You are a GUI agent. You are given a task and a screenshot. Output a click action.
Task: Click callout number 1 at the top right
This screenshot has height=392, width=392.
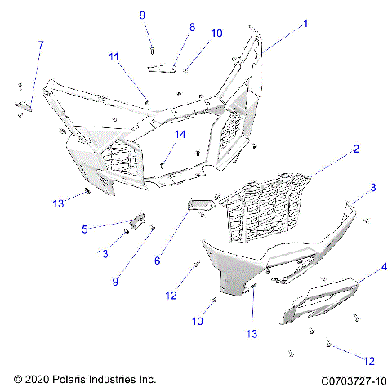305,24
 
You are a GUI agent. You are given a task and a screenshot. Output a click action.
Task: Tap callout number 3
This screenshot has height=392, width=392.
372,188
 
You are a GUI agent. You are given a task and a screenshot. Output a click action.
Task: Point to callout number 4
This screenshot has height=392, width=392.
384,267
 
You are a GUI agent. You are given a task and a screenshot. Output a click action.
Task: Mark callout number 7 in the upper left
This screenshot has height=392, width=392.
41,43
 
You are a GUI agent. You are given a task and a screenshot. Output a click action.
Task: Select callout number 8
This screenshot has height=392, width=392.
192,27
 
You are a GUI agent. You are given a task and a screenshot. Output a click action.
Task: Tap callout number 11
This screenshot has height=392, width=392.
114,56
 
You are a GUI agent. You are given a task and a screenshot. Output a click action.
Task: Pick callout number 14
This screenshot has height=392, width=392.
181,133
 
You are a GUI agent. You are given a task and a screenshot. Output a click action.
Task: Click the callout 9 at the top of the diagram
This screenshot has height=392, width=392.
141,15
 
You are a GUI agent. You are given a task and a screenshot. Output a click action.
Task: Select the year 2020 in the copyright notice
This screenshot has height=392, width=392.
37,381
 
